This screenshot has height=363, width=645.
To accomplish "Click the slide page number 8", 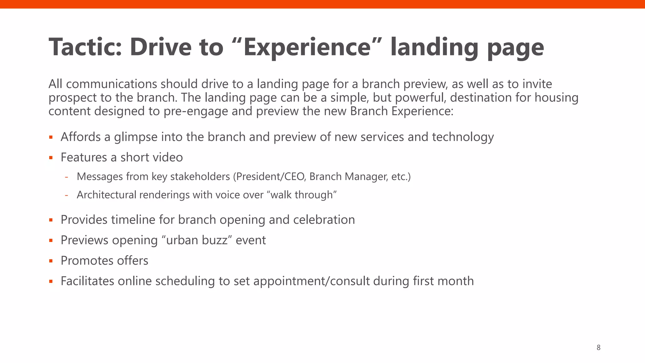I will (x=598, y=348).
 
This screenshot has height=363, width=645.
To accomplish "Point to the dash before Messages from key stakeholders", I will (x=66, y=177).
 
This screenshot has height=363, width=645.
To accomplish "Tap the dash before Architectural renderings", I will (x=66, y=195).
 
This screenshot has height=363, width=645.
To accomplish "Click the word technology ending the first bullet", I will (x=463, y=137).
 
